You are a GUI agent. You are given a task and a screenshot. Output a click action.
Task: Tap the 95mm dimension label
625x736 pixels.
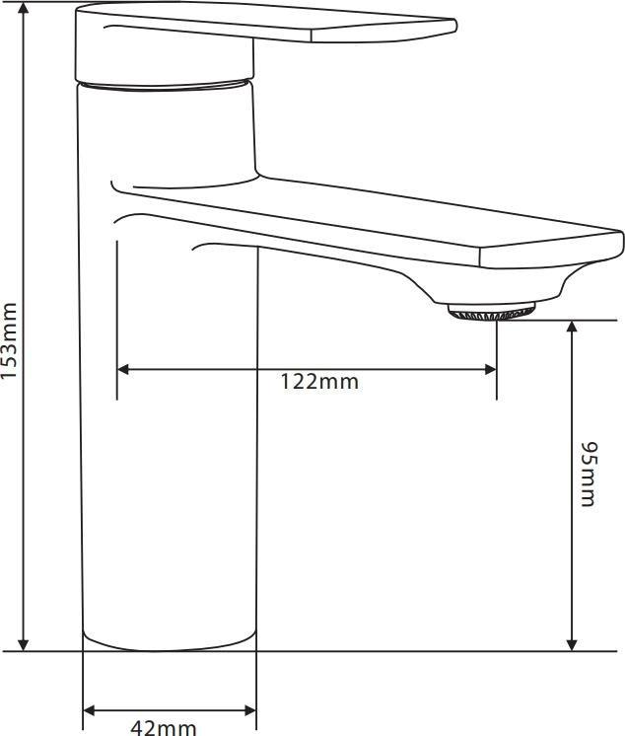coord(588,475)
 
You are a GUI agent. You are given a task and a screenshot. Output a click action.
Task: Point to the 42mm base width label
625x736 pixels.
coord(164,728)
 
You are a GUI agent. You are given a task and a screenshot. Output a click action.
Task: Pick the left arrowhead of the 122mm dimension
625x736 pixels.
coord(124,369)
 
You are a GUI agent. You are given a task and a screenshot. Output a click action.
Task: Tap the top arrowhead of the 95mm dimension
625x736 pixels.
coord(572,328)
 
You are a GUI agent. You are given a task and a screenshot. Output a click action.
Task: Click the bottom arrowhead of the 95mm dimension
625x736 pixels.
coord(572,643)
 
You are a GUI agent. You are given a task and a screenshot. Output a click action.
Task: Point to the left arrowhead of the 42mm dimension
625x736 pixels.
coord(90,710)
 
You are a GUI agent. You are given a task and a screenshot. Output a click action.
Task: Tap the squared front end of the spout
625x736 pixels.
coord(552,252)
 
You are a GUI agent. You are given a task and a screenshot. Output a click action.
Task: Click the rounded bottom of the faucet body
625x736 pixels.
coord(170,644)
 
